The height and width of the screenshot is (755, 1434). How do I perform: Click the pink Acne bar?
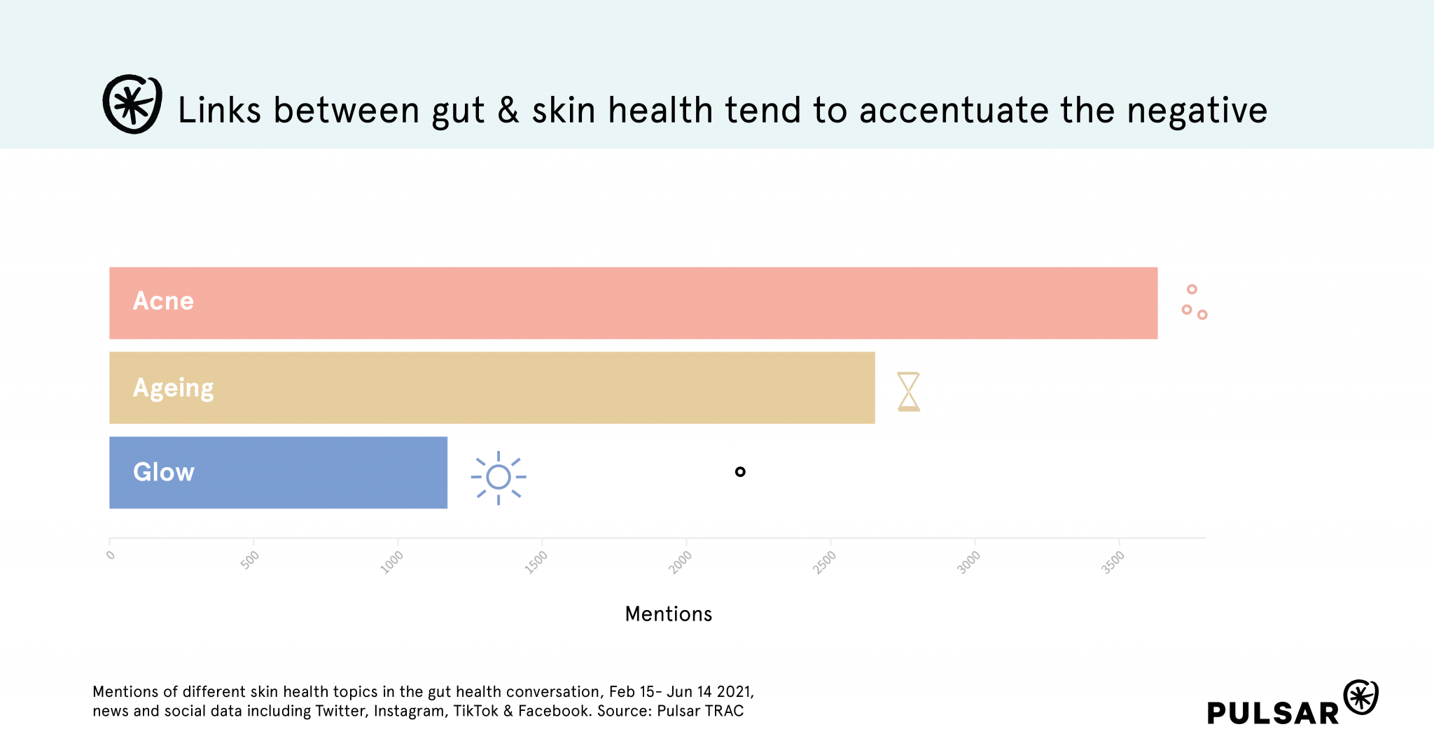pos(633,303)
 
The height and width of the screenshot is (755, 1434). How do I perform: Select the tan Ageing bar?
pos(492,387)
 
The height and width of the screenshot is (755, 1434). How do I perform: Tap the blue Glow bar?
pos(278,472)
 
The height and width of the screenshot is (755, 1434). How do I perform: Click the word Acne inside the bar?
pos(163,301)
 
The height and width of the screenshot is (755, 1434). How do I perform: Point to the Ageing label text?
pos(173,389)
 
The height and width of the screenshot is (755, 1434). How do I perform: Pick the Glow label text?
pos(164,472)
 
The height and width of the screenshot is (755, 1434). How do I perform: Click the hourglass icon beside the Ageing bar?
pos(908,392)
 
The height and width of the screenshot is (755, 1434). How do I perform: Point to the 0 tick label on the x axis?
pos(111,555)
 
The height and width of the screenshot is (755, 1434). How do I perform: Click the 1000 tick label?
pos(392,562)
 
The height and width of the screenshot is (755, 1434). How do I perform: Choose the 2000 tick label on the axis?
pos(681,562)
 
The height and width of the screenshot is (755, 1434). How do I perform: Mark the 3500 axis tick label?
pos(1113,562)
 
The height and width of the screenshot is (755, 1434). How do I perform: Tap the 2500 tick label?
pos(825,562)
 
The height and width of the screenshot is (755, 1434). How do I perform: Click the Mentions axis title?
pos(668,614)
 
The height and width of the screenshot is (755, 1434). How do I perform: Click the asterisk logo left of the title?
pos(132,104)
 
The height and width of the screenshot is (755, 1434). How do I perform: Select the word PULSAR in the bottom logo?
pos(1272,713)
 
